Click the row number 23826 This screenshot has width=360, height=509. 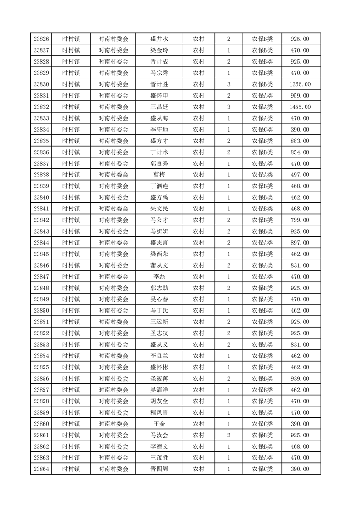41,39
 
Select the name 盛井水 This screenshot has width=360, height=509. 159,39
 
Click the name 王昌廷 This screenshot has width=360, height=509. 159,107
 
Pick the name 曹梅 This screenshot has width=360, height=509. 159,175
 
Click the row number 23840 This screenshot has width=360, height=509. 41,197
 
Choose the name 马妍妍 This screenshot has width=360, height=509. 159,231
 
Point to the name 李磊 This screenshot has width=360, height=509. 159,277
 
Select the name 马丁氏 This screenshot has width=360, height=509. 159,311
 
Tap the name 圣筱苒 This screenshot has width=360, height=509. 159,378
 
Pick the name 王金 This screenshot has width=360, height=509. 159,424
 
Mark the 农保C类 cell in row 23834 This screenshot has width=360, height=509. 262,130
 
